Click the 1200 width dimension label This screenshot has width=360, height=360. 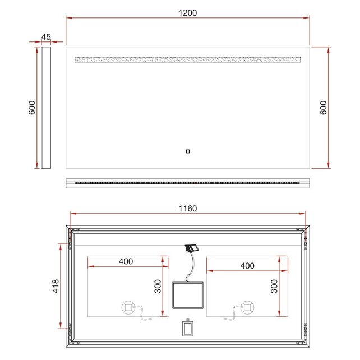coord(188,12)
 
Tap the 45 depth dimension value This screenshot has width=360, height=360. coord(46,37)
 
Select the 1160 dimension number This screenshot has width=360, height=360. coord(188,209)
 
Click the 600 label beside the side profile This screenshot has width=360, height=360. coord(32,108)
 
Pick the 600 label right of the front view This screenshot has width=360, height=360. coord(324,108)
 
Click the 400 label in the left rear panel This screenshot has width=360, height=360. coord(126,261)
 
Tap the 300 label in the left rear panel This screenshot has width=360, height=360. coord(158,286)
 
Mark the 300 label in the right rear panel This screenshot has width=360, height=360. coord(274,286)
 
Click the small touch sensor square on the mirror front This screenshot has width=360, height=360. coord(188,150)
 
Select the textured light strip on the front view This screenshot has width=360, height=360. coord(188,59)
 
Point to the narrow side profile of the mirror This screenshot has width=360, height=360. coord(46,107)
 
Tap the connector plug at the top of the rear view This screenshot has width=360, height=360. coord(192,247)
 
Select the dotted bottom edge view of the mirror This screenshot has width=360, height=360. coord(188,183)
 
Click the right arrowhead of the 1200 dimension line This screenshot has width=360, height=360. coord(307,18)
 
